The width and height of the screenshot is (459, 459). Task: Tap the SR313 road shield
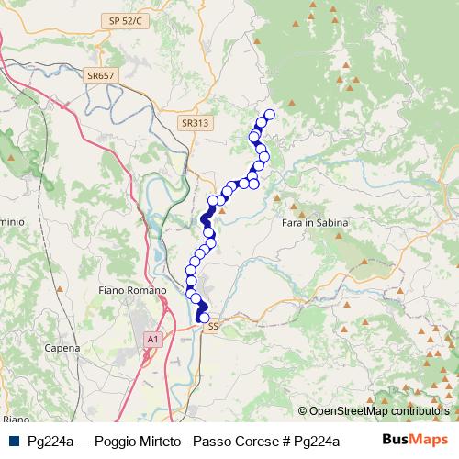click(x=195, y=122)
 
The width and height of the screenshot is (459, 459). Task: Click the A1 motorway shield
click(x=151, y=340)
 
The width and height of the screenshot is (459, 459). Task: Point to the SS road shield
click(x=213, y=326)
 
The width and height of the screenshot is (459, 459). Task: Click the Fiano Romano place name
click(x=131, y=290)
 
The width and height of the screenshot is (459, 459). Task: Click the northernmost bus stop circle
click(x=269, y=115)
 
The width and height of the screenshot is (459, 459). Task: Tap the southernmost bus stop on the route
click(x=204, y=319)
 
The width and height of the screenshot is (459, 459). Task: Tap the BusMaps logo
click(x=415, y=440)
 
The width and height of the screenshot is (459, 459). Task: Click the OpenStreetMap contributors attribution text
click(x=378, y=411)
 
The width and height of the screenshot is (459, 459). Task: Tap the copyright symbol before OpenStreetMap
click(x=303, y=411)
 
